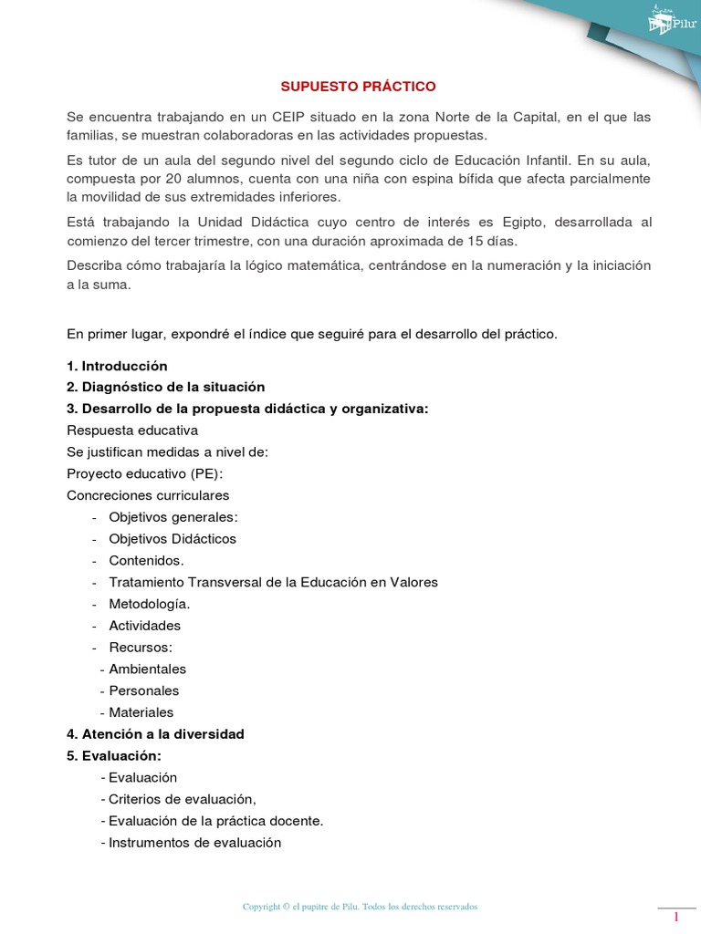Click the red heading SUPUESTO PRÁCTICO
coord(358,86)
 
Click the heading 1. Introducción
coord(117,365)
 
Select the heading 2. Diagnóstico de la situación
coord(165,387)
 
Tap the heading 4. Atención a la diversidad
coord(155,733)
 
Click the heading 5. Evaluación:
coord(114,755)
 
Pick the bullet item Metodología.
coord(149,603)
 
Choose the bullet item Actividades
coord(144,625)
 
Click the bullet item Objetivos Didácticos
coord(172,538)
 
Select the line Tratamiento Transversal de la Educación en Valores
coord(273,582)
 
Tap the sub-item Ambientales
coord(147,669)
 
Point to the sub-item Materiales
coord(141,712)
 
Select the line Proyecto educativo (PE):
coord(144,473)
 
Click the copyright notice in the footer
coord(360,907)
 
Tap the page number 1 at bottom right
coord(676,917)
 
